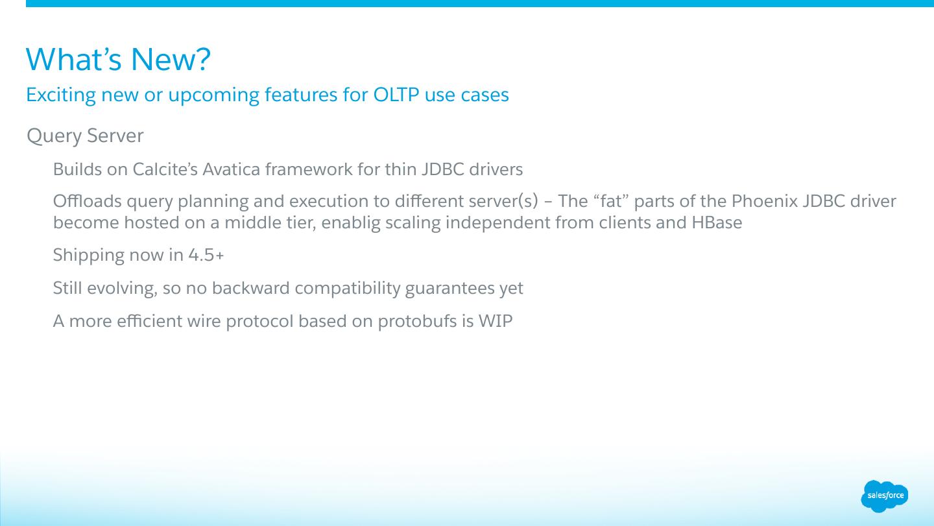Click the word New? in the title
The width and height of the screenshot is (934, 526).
point(171,59)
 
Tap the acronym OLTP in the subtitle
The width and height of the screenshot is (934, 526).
point(396,95)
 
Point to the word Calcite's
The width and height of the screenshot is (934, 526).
point(165,169)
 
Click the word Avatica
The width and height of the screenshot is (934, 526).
point(232,169)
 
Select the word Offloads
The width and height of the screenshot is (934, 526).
point(87,201)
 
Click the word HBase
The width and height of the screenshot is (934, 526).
point(717,222)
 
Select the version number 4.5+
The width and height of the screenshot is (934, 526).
point(206,255)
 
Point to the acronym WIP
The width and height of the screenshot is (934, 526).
point(496,321)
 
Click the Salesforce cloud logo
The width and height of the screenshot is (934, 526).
point(885,496)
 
